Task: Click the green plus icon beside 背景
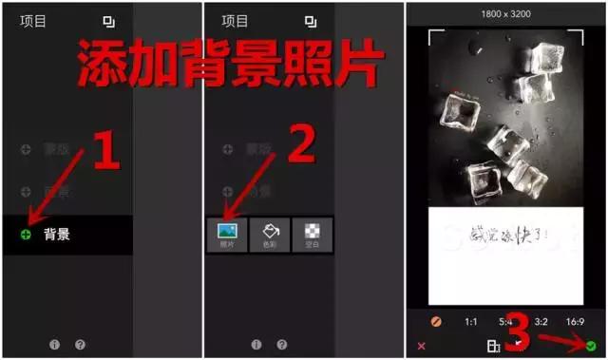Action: coord(25,234)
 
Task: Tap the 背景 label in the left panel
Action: coord(56,234)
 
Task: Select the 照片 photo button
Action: coord(227,234)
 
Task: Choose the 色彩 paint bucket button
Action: coord(269,234)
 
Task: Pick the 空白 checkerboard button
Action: coord(311,234)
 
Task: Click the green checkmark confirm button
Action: coord(591,347)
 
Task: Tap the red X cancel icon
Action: coord(421,347)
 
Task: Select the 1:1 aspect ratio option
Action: coord(471,322)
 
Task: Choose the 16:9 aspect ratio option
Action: coord(574,322)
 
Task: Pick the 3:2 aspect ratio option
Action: coord(541,322)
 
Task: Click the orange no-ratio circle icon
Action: coord(436,322)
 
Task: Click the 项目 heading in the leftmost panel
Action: coord(34,20)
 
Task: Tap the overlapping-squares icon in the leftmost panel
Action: coord(108,21)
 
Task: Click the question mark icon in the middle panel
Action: coord(281,345)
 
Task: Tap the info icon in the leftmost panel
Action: coord(54,345)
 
